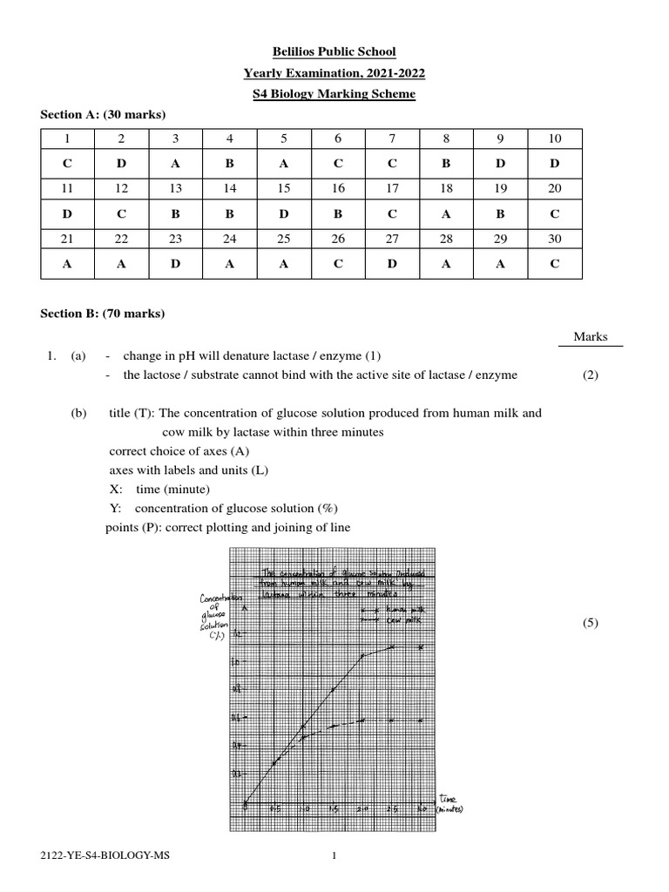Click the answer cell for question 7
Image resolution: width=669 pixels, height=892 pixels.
point(393,163)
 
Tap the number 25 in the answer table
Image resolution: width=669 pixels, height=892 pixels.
point(285,238)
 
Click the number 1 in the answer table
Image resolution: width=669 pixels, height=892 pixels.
point(67,139)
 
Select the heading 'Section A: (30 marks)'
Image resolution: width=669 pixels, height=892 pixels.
point(104,115)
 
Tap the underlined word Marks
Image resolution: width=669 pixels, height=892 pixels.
point(591,337)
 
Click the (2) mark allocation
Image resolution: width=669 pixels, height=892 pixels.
point(591,375)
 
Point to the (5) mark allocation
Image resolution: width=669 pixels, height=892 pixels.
point(591,622)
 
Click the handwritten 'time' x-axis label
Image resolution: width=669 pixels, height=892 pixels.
point(448,799)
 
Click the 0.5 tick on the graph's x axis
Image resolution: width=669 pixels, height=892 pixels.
point(276,810)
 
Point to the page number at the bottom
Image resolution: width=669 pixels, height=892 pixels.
point(334,856)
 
